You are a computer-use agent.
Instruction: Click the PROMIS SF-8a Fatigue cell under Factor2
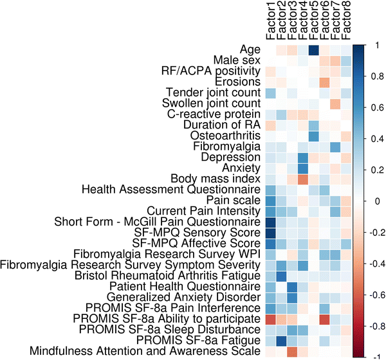[x=280, y=340]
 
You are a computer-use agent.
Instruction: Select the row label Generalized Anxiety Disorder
[x=185, y=297]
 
